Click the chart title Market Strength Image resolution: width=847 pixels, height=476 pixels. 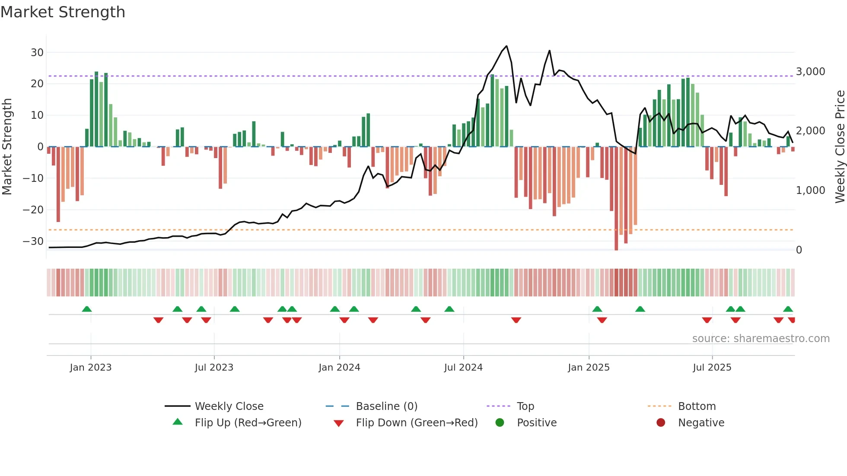click(x=63, y=12)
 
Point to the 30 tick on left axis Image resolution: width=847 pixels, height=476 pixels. click(x=37, y=53)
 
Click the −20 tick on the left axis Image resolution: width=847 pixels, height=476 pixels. click(x=33, y=210)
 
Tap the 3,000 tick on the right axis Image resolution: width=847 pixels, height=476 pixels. click(x=810, y=72)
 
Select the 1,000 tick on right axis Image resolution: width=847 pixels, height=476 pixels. click(x=810, y=190)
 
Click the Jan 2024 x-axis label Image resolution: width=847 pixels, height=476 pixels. click(x=339, y=368)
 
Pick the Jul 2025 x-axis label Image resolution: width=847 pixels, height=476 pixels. click(x=712, y=368)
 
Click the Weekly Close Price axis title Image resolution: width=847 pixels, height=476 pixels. click(x=840, y=147)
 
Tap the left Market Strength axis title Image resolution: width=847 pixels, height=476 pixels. click(x=7, y=147)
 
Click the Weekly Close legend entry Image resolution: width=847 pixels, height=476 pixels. click(x=229, y=406)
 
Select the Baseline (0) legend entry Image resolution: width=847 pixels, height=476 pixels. click(x=386, y=406)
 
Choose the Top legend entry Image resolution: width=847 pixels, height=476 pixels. click(x=525, y=406)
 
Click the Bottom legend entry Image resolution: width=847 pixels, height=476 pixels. click(x=697, y=406)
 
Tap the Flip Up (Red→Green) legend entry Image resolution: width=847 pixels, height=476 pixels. click(x=248, y=423)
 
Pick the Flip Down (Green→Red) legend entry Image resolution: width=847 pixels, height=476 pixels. click(x=417, y=423)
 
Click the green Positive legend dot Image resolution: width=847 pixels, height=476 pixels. click(x=500, y=423)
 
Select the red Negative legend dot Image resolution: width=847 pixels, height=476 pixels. click(x=661, y=423)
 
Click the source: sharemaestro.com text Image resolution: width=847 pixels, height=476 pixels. click(x=761, y=339)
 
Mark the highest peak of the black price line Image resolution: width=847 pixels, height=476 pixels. click(x=506, y=46)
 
